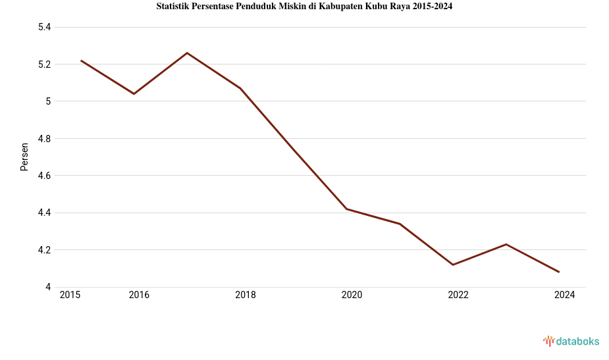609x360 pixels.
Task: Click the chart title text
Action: (x=304, y=7)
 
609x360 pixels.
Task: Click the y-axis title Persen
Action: (x=24, y=157)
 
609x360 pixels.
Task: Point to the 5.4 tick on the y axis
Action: (x=45, y=27)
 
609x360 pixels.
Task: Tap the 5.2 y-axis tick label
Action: (x=45, y=64)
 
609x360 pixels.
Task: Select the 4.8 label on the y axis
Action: (x=45, y=139)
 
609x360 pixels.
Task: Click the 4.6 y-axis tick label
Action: (x=45, y=176)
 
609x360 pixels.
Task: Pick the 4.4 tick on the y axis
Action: (x=45, y=213)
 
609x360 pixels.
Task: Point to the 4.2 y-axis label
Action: (x=45, y=250)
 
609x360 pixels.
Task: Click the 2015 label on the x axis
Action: (x=70, y=295)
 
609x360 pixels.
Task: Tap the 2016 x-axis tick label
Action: (x=139, y=295)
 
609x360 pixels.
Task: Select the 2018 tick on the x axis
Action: (x=246, y=295)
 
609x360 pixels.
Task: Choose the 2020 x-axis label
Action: (x=352, y=295)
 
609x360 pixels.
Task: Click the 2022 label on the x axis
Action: (x=458, y=295)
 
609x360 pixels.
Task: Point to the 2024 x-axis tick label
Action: (x=564, y=295)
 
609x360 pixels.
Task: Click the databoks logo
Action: (x=571, y=341)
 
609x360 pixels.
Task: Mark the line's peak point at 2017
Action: (x=187, y=53)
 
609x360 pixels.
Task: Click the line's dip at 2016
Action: (x=134, y=93)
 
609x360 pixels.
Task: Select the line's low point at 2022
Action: (x=453, y=265)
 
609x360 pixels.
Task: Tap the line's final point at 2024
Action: (x=559, y=272)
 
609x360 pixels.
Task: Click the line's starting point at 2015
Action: (x=81, y=61)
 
